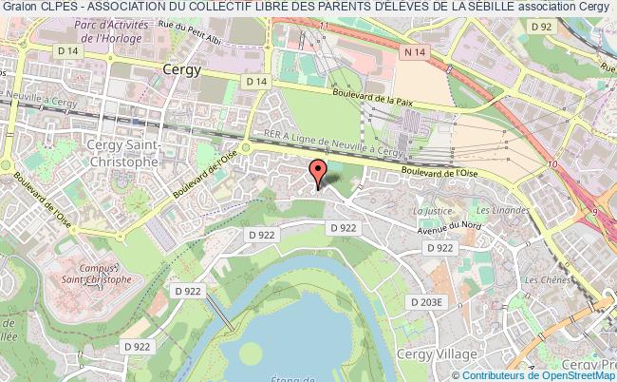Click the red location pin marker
[318, 174]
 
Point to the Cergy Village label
[447, 353]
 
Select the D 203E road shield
[427, 301]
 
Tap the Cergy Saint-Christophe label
[122, 153]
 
